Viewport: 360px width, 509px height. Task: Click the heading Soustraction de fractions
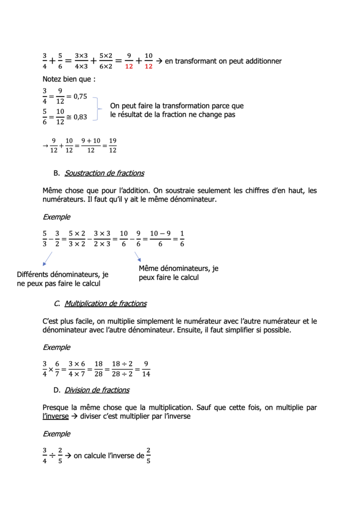(x=104, y=173)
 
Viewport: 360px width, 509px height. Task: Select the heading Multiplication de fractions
(x=105, y=303)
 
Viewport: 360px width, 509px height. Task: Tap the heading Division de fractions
(x=97, y=390)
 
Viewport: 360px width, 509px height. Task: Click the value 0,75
(x=80, y=96)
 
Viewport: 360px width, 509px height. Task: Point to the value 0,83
(x=80, y=117)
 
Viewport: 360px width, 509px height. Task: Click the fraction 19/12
(x=112, y=145)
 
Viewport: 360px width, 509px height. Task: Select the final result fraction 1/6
(x=181, y=238)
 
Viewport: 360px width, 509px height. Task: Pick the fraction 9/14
(x=146, y=369)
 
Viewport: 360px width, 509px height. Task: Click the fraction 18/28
(x=98, y=369)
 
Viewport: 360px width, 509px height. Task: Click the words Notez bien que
(x=68, y=79)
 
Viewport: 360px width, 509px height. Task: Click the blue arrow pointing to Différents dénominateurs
(x=47, y=258)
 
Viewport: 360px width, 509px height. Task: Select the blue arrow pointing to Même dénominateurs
(x=138, y=256)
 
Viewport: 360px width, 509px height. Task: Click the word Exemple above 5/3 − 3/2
(x=56, y=217)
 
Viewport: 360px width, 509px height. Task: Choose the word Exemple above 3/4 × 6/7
(x=56, y=347)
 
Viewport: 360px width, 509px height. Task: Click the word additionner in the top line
(x=259, y=61)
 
